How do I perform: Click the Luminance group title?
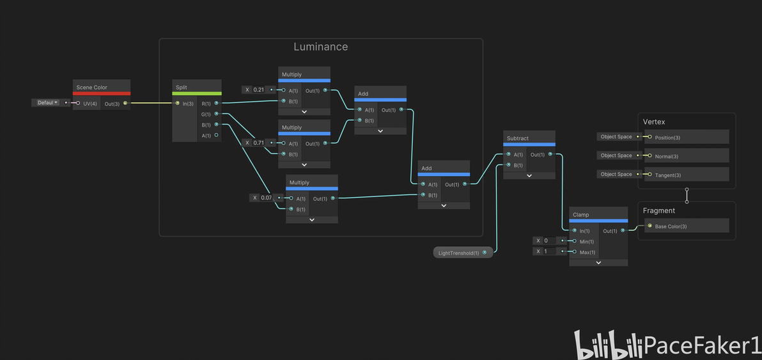[320, 47]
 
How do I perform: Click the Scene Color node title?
[92, 87]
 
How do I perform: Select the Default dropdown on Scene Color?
[47, 102]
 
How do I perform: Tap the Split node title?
[181, 87]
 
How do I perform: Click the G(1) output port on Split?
[216, 114]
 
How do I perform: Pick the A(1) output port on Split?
[216, 135]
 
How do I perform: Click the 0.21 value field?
[258, 90]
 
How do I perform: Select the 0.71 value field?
[258, 143]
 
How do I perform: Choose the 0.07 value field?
[266, 198]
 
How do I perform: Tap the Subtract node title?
[518, 138]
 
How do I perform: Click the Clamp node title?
[581, 215]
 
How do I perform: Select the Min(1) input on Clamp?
[575, 241]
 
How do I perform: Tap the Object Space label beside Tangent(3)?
[616, 174]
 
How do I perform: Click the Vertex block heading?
[654, 121]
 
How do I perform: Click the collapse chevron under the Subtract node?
[529, 175]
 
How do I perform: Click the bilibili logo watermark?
[607, 345]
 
